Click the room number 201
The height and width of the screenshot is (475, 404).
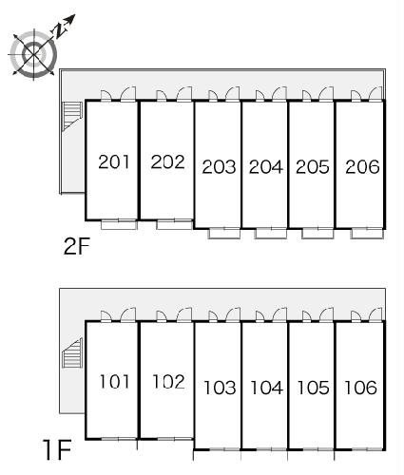pos(114,161)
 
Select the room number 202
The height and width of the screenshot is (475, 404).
pos(167,161)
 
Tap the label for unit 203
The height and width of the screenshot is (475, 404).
pos(219,167)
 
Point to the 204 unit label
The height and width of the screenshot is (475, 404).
pos(266,167)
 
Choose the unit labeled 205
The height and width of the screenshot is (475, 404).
pos(313,167)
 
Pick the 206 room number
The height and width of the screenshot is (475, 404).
pos(362,167)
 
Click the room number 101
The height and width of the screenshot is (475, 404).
pos(114,382)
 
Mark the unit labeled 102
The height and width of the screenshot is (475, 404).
pos(168,382)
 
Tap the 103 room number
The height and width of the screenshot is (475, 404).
pos(220,388)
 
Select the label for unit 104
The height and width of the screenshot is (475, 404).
pos(266,388)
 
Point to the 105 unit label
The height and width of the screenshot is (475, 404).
pos(314,388)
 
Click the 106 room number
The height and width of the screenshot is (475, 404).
pos(360,388)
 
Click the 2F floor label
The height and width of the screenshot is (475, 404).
pos(77,246)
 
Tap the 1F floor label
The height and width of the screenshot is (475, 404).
pos(57,449)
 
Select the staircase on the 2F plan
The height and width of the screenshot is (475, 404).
pos(72,116)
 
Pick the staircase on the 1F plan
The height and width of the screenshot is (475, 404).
pos(72,352)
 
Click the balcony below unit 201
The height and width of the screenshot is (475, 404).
pos(119,225)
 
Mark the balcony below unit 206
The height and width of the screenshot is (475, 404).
pos(368,234)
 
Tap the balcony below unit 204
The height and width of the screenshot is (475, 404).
pos(271,234)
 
